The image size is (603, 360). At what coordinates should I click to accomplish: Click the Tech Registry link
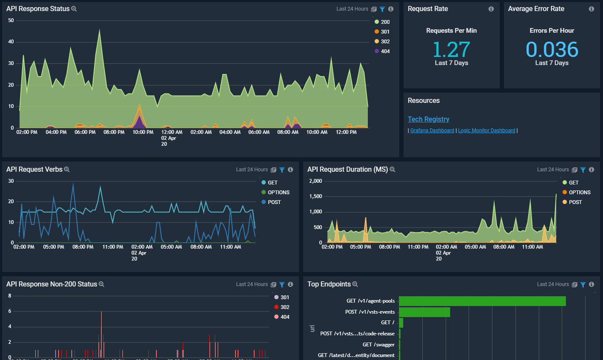(428, 119)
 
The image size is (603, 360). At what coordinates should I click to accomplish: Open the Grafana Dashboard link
(432, 130)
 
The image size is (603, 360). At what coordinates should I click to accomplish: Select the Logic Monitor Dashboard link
(486, 130)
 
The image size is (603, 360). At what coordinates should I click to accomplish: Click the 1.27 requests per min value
(451, 50)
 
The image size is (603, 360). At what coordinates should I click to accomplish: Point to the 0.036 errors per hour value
(552, 50)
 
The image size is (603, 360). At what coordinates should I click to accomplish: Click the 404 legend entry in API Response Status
(385, 51)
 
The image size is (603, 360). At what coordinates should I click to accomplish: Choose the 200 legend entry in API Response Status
(385, 22)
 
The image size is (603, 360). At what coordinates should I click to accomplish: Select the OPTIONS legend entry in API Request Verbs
(278, 193)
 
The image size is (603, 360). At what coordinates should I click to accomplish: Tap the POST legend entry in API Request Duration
(575, 202)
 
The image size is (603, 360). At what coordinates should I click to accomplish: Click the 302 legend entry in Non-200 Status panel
(284, 307)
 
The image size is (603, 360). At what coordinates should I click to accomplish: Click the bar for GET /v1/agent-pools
(482, 301)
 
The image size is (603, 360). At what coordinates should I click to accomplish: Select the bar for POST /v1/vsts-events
(424, 312)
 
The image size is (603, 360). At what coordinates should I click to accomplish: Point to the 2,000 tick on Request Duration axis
(316, 181)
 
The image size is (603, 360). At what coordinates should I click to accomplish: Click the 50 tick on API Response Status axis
(11, 20)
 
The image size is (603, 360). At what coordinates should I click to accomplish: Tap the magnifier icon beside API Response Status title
(74, 9)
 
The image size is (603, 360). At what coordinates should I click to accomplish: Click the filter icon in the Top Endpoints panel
(583, 284)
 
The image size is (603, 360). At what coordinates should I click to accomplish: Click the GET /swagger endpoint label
(378, 345)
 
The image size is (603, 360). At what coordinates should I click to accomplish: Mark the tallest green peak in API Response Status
(100, 30)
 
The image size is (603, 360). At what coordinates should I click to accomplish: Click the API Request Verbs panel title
(34, 170)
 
